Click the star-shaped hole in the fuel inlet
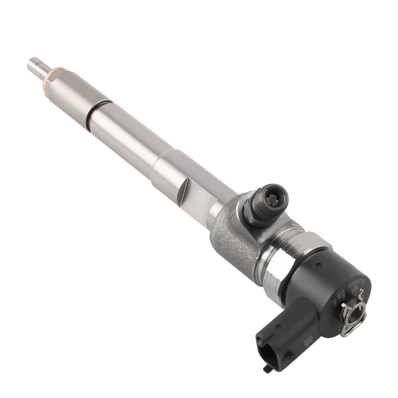273,199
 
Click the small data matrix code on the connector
308,341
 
